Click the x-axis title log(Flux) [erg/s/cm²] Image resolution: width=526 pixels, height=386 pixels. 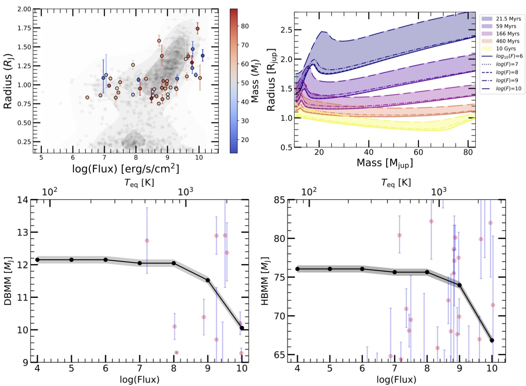click(126, 169)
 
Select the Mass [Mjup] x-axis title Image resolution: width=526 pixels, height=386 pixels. click(384, 163)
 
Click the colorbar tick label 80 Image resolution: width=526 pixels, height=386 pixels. click(245, 26)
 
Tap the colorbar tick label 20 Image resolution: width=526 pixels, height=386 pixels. click(245, 140)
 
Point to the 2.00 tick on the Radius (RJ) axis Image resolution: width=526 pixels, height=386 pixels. click(24, 9)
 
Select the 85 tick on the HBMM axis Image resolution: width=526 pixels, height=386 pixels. click(280, 200)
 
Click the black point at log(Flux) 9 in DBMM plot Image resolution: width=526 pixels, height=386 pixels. click(208, 280)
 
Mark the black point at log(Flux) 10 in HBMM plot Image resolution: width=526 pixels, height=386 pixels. click(492, 340)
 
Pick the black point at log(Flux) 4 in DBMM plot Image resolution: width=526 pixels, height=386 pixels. click(37, 260)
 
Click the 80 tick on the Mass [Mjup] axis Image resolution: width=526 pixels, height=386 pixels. click(468, 152)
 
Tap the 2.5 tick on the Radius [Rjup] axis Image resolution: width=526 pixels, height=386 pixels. click(286, 30)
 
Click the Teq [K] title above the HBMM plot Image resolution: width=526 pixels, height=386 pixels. click(396, 183)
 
